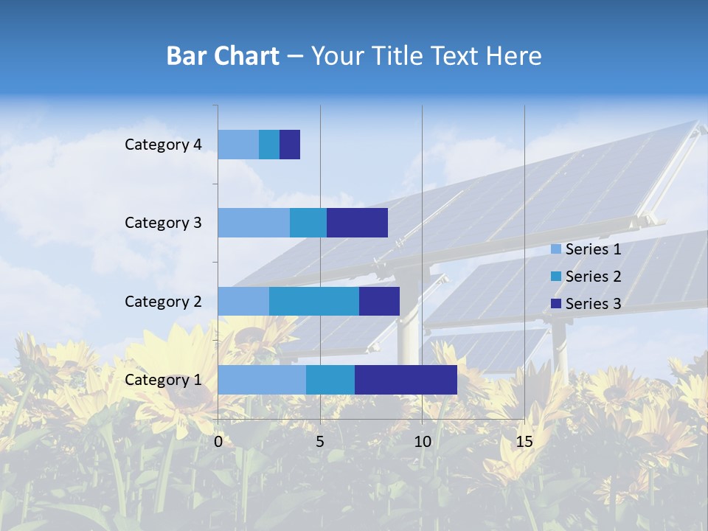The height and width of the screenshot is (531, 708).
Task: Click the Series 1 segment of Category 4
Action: [x=238, y=145]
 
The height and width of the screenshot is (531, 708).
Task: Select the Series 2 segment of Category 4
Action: [x=269, y=145]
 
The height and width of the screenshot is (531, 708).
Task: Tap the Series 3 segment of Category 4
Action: [x=290, y=145]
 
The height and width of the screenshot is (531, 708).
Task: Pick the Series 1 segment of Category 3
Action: [x=254, y=223]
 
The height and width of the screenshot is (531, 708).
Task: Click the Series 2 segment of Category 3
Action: [x=308, y=223]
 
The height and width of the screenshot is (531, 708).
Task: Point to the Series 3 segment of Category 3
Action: [x=357, y=223]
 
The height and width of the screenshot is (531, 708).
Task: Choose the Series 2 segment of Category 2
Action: [x=314, y=301]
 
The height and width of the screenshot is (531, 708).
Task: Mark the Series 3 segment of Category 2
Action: [x=379, y=301]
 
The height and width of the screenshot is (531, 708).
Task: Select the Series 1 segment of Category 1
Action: [x=262, y=380]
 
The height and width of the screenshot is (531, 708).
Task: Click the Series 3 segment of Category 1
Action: [x=406, y=380]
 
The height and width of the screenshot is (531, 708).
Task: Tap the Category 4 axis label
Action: [x=163, y=145]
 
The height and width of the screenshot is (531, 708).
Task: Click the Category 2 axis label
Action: [x=163, y=301]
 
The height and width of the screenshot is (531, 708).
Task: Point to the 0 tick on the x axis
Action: [x=218, y=442]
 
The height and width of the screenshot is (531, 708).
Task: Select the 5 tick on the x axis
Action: [x=320, y=442]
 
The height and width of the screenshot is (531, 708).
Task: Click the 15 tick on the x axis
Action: [x=524, y=442]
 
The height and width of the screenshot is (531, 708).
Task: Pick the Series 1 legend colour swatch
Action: [x=556, y=249]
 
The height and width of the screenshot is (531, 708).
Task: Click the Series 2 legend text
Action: [x=593, y=277]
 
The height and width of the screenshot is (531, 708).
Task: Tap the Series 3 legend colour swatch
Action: [x=556, y=303]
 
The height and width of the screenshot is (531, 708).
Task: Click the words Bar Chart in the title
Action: [x=223, y=56]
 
